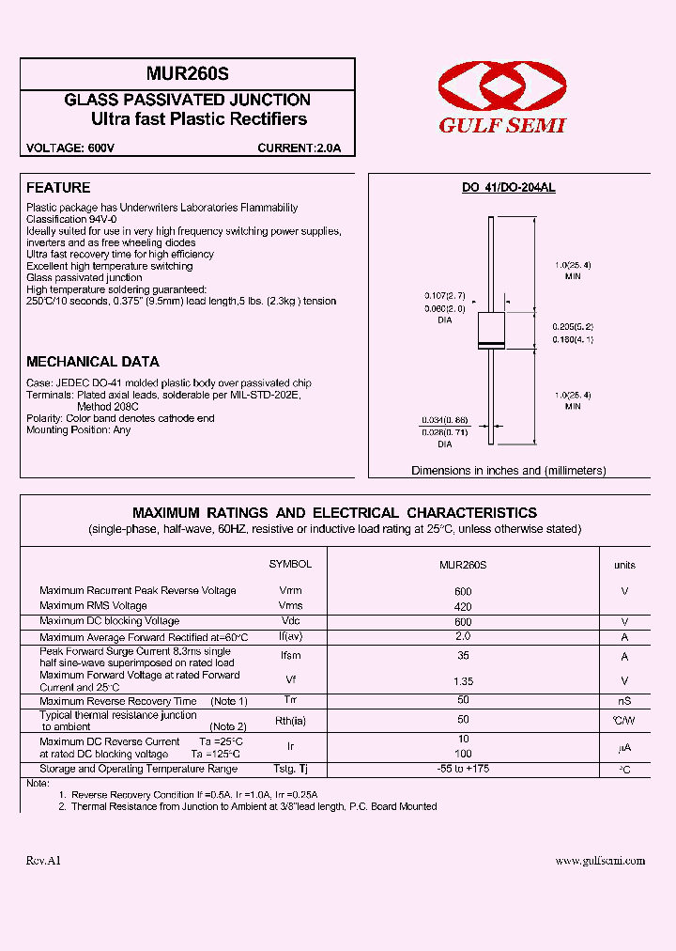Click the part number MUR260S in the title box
[188, 73]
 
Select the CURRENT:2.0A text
[300, 148]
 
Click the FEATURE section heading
[58, 188]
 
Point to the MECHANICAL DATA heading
[93, 362]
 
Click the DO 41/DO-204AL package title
[508, 188]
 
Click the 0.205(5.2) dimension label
[573, 326]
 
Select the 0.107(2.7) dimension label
[444, 296]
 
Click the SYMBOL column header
[290, 564]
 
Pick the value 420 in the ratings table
[463, 607]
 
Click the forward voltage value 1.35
[463, 680]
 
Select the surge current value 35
[463, 657]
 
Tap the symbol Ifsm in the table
[291, 657]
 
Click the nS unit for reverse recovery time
[624, 701]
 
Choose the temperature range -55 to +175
[463, 769]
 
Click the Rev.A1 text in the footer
[43, 861]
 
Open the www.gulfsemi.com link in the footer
[600, 861]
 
